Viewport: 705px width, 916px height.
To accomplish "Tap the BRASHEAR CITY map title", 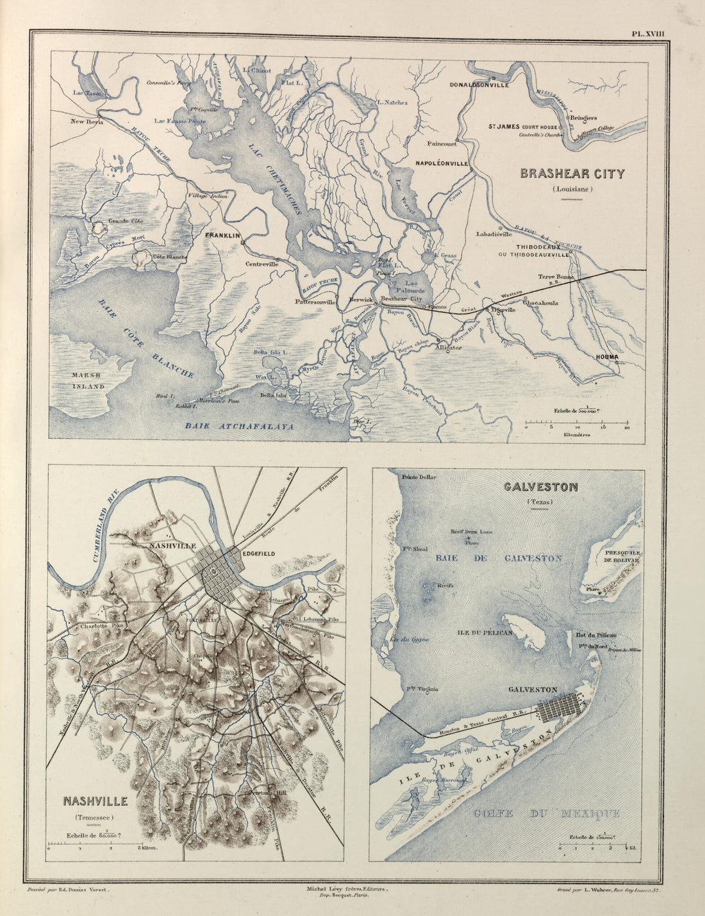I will pyautogui.click(x=572, y=174).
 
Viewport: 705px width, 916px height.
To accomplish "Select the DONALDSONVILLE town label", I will pyautogui.click(x=479, y=85).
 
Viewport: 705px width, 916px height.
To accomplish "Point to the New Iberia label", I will pyautogui.click(x=87, y=121).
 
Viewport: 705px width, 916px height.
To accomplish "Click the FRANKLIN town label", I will pyautogui.click(x=222, y=236).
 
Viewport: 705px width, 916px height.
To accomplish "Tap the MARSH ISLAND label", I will pyautogui.click(x=87, y=382).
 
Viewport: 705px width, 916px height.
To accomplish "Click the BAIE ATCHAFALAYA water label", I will pyautogui.click(x=239, y=426).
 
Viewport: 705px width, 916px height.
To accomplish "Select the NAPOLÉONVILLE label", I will pyautogui.click(x=442, y=163).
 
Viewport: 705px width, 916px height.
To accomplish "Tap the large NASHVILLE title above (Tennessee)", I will pyautogui.click(x=95, y=801).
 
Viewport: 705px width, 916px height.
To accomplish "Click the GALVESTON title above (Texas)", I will pyautogui.click(x=540, y=487).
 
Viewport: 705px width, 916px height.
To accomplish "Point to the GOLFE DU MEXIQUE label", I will pyautogui.click(x=546, y=814).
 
